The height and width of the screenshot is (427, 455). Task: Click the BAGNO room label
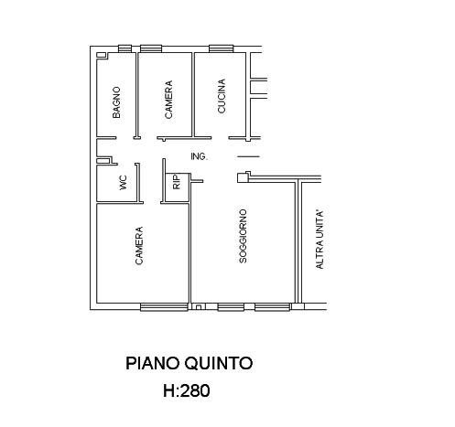pyautogui.click(x=116, y=102)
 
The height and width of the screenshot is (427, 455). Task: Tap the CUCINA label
pyautogui.click(x=222, y=96)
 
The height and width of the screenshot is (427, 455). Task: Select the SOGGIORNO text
pyautogui.click(x=243, y=236)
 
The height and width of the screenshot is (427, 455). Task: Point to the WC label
pyautogui.click(x=123, y=183)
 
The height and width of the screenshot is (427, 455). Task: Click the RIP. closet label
pyautogui.click(x=177, y=182)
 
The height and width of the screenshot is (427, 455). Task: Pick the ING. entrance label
pyautogui.click(x=199, y=156)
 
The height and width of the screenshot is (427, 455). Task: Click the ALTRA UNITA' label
pyautogui.click(x=320, y=240)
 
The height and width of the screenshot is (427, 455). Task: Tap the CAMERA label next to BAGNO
pyautogui.click(x=168, y=100)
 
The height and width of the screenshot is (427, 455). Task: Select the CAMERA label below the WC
pyautogui.click(x=138, y=246)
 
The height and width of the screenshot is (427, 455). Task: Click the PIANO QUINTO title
pyautogui.click(x=190, y=363)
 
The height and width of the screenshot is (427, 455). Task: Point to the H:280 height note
pyautogui.click(x=187, y=390)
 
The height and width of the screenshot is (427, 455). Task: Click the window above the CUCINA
pyautogui.click(x=222, y=48)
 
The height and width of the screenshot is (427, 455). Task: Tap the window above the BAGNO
pyautogui.click(x=125, y=48)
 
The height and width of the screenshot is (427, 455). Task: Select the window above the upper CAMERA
pyautogui.click(x=151, y=48)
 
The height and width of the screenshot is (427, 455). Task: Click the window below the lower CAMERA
pyautogui.click(x=164, y=307)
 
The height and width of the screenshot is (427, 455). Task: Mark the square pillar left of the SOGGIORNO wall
pyautogui.click(x=243, y=177)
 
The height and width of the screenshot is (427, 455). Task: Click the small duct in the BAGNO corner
pyautogui.click(x=101, y=55)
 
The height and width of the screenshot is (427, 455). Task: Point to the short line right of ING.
pyautogui.click(x=248, y=156)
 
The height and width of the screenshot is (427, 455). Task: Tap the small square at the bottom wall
pyautogui.click(x=199, y=307)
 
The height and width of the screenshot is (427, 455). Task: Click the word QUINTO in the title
pyautogui.click(x=219, y=363)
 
